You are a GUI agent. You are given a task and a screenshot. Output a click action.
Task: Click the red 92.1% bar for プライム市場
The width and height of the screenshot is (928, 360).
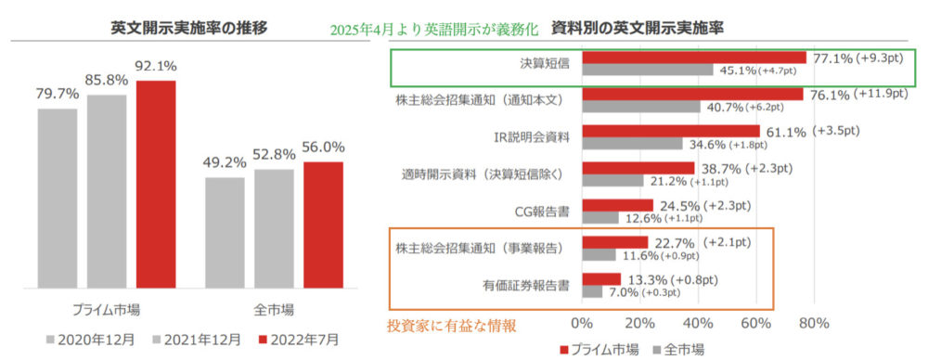click(x=156, y=184)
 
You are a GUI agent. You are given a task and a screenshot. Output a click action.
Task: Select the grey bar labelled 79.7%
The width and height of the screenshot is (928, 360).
click(x=58, y=199)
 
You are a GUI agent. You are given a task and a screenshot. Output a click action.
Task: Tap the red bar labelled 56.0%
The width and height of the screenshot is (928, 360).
click(x=323, y=225)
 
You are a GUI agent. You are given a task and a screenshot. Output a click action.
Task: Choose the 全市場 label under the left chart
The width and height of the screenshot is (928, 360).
click(x=274, y=310)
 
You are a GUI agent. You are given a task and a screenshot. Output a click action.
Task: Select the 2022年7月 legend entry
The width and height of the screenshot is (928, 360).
click(x=300, y=341)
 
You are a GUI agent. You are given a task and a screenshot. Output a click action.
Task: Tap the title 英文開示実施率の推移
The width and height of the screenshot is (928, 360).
click(x=189, y=28)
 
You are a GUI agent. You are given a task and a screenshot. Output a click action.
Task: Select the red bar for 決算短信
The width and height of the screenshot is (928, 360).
click(x=694, y=58)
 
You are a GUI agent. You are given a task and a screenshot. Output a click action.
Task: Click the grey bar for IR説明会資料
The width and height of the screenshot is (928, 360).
click(x=633, y=144)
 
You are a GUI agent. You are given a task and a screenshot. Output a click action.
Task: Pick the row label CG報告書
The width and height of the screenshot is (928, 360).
click(x=543, y=212)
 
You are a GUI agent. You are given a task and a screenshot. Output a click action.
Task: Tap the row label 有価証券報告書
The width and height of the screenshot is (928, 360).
click(x=526, y=286)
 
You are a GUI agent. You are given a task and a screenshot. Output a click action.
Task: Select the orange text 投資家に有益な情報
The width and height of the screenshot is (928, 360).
click(x=452, y=326)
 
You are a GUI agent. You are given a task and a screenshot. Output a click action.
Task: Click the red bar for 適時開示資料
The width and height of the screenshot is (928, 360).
click(x=638, y=168)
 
